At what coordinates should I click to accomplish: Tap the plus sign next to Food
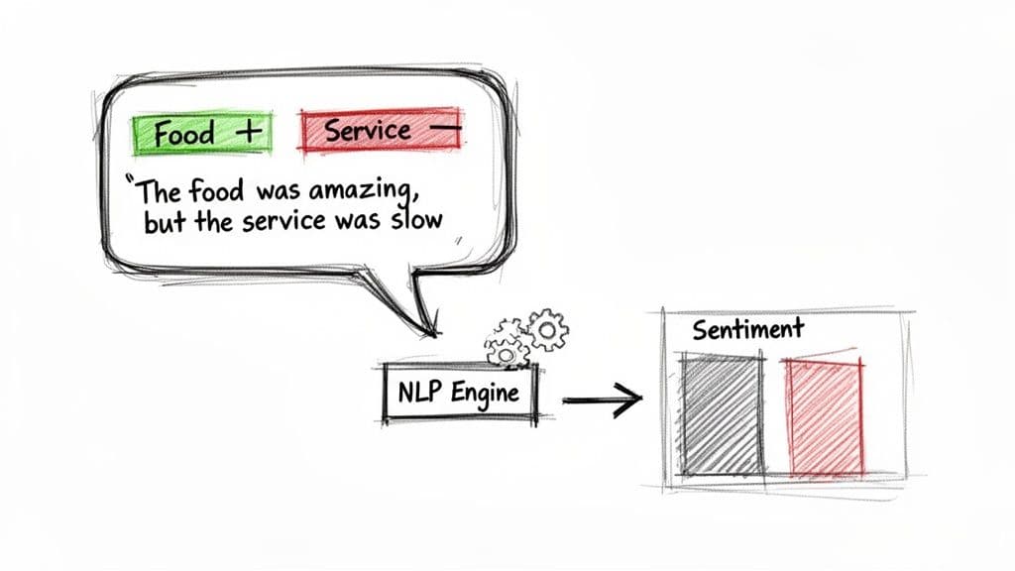[253, 131]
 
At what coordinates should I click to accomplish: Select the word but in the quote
[166, 219]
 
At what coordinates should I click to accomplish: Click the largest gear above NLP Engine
[546, 328]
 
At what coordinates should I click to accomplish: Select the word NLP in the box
[416, 393]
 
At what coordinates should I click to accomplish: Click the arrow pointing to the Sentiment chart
[601, 400]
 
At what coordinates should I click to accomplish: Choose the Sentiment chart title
[747, 329]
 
